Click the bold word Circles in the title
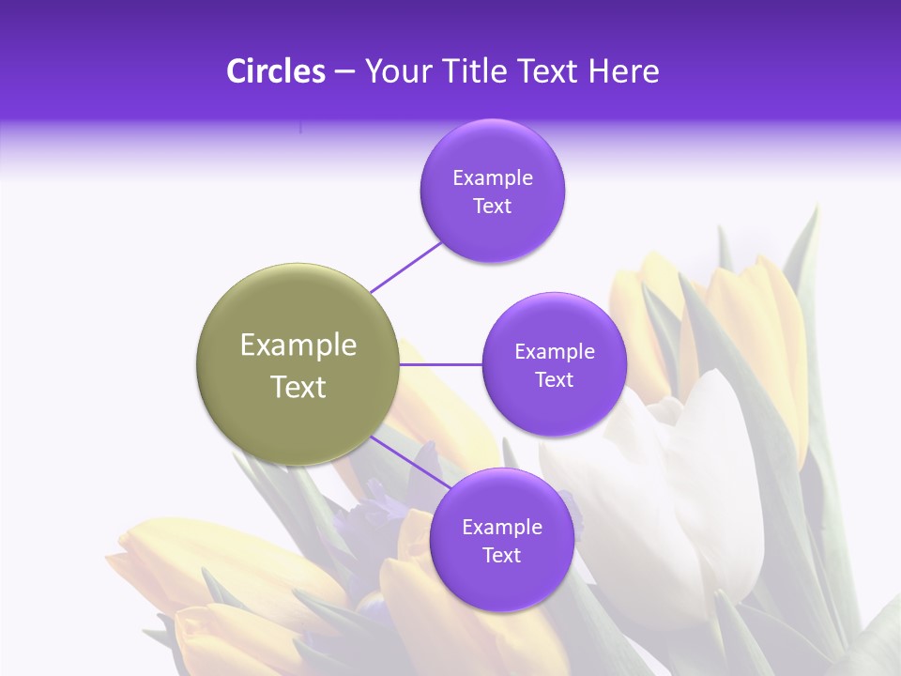[x=275, y=71]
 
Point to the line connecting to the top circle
[x=405, y=267]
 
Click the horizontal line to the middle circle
[x=440, y=364]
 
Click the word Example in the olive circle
[x=298, y=346]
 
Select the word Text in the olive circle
[x=298, y=387]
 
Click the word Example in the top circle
[x=492, y=178]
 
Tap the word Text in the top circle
[x=492, y=207]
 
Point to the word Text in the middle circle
[x=554, y=380]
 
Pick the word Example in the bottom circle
[x=501, y=528]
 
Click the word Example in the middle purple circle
[x=554, y=352]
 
